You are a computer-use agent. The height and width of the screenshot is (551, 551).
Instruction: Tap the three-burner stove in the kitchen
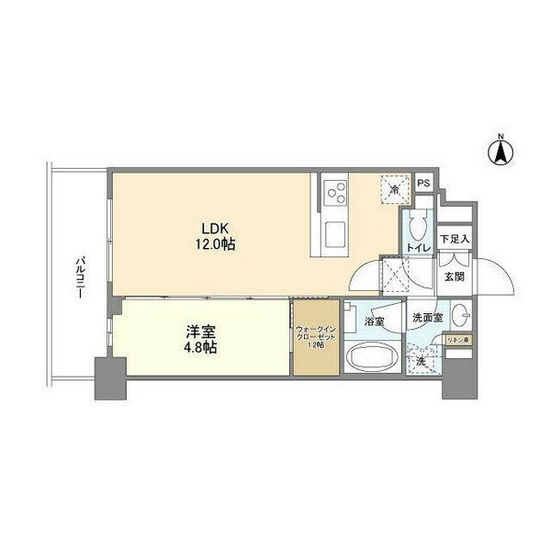pos(335,193)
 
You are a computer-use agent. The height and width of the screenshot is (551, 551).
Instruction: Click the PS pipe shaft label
pos(423,184)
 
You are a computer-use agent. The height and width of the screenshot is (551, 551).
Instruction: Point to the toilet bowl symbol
pos(417,225)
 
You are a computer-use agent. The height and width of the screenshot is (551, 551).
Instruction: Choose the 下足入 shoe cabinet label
pos(454,240)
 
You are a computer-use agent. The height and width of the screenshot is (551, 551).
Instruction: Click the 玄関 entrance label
pos(454,275)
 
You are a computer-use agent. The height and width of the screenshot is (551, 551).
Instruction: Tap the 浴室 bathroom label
pos(374,321)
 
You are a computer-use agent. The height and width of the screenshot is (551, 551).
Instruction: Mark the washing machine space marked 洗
pos(422,361)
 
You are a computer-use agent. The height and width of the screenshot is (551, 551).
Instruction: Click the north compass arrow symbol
pos(501,152)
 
